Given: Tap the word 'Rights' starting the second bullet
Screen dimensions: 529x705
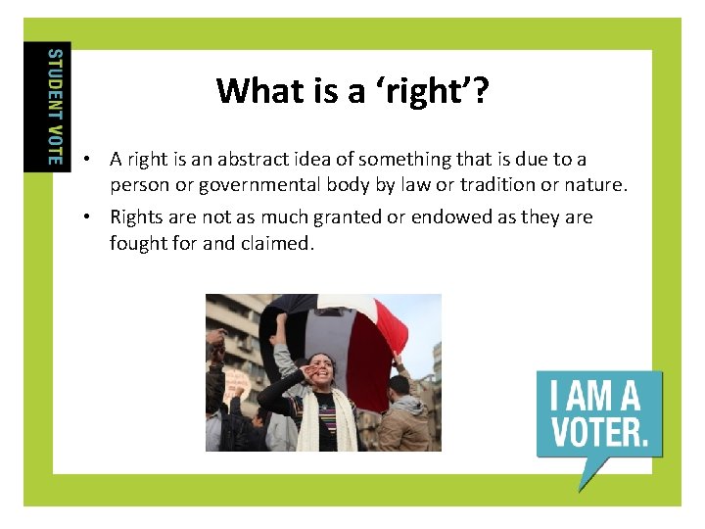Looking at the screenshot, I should click(136, 217).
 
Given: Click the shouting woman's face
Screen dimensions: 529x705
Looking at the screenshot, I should click(323, 371).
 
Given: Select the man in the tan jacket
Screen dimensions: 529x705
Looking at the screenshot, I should click(402, 416).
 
